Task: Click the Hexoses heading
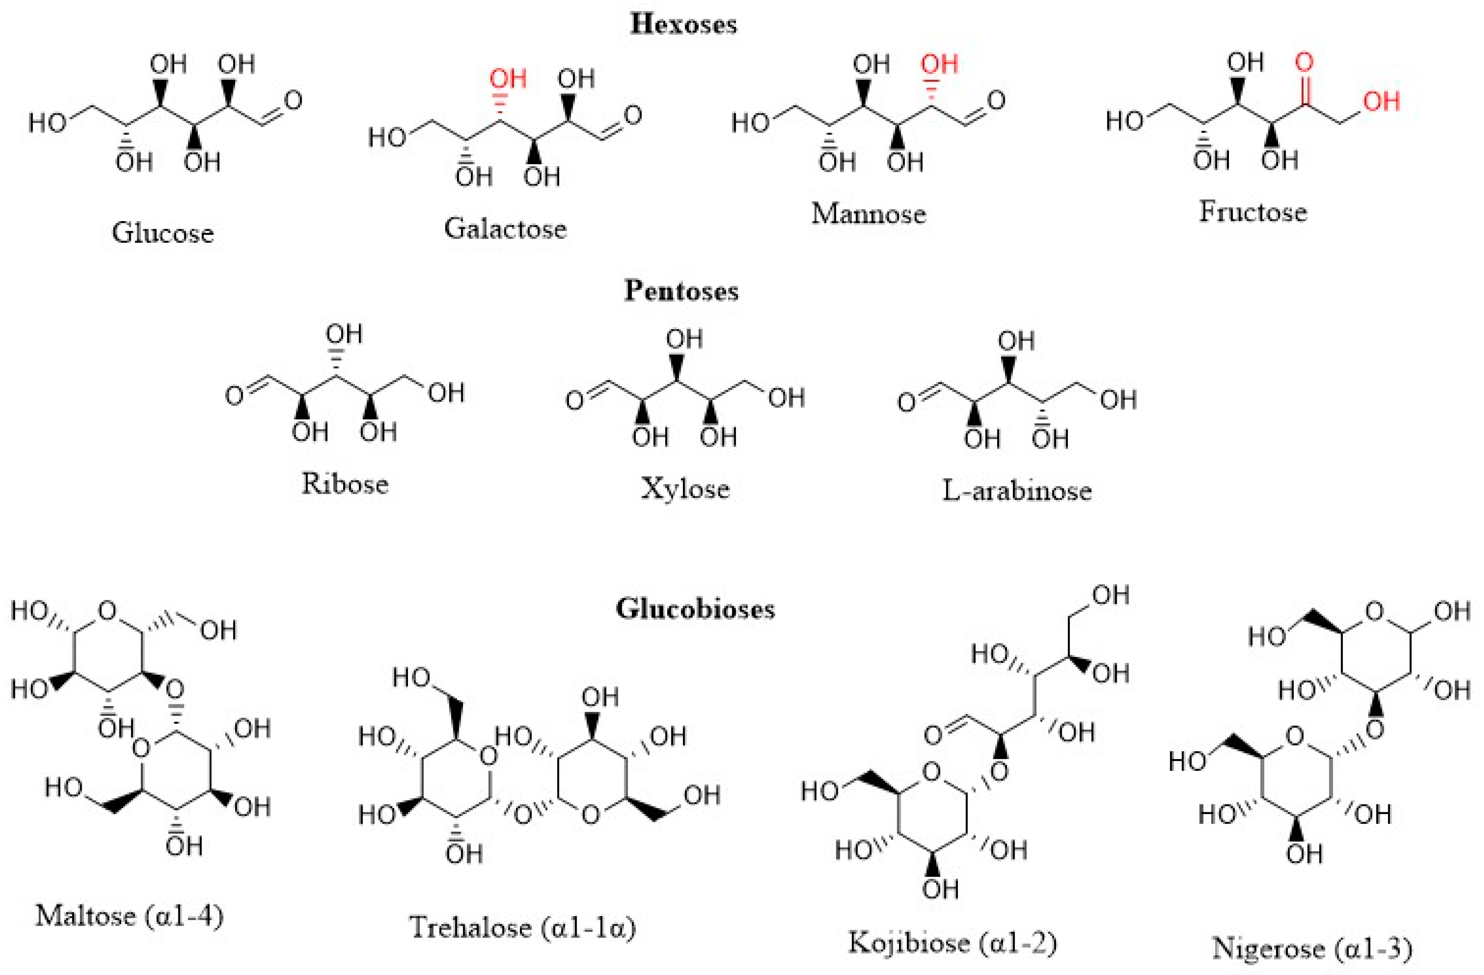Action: coord(683,24)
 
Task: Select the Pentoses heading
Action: coord(682,291)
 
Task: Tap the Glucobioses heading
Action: coord(695,609)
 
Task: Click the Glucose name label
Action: coord(163,233)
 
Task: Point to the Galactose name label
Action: coord(505,229)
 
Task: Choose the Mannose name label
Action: coord(868,214)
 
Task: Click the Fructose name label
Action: coord(1253,212)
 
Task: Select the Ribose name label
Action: coord(345,483)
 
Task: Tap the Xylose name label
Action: coord(685,487)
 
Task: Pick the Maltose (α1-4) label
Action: coord(129,916)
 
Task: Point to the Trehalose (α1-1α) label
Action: coord(522,927)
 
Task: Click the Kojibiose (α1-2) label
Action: coord(953,942)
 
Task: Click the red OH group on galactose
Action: coord(508,79)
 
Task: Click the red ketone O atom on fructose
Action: coord(1304,62)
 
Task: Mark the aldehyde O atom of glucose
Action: coord(292,100)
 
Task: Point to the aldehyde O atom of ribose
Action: coord(234,396)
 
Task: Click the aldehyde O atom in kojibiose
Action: coord(933,735)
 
